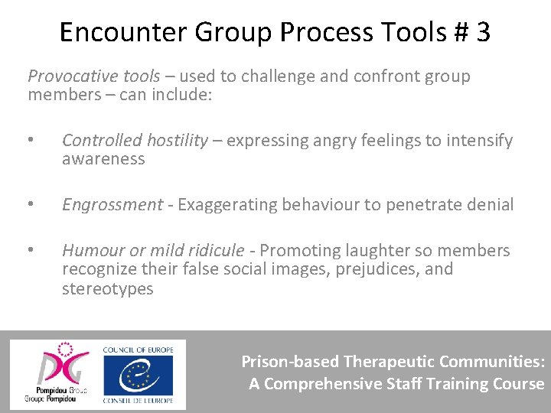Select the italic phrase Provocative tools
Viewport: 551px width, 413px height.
(93, 76)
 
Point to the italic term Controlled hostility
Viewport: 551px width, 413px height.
(135, 141)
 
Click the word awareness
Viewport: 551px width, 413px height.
(103, 159)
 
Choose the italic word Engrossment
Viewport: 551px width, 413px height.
(112, 205)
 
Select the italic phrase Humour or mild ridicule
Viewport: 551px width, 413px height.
(153, 251)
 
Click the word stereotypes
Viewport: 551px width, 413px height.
(107, 289)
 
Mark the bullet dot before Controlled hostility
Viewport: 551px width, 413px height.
(31, 141)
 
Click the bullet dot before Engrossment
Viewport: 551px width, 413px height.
(31, 205)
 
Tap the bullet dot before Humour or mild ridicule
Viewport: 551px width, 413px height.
(31, 251)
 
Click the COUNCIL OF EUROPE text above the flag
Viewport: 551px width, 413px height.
(138, 350)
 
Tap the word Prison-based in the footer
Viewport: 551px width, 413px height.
(290, 362)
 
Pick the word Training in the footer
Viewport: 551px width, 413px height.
(452, 384)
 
